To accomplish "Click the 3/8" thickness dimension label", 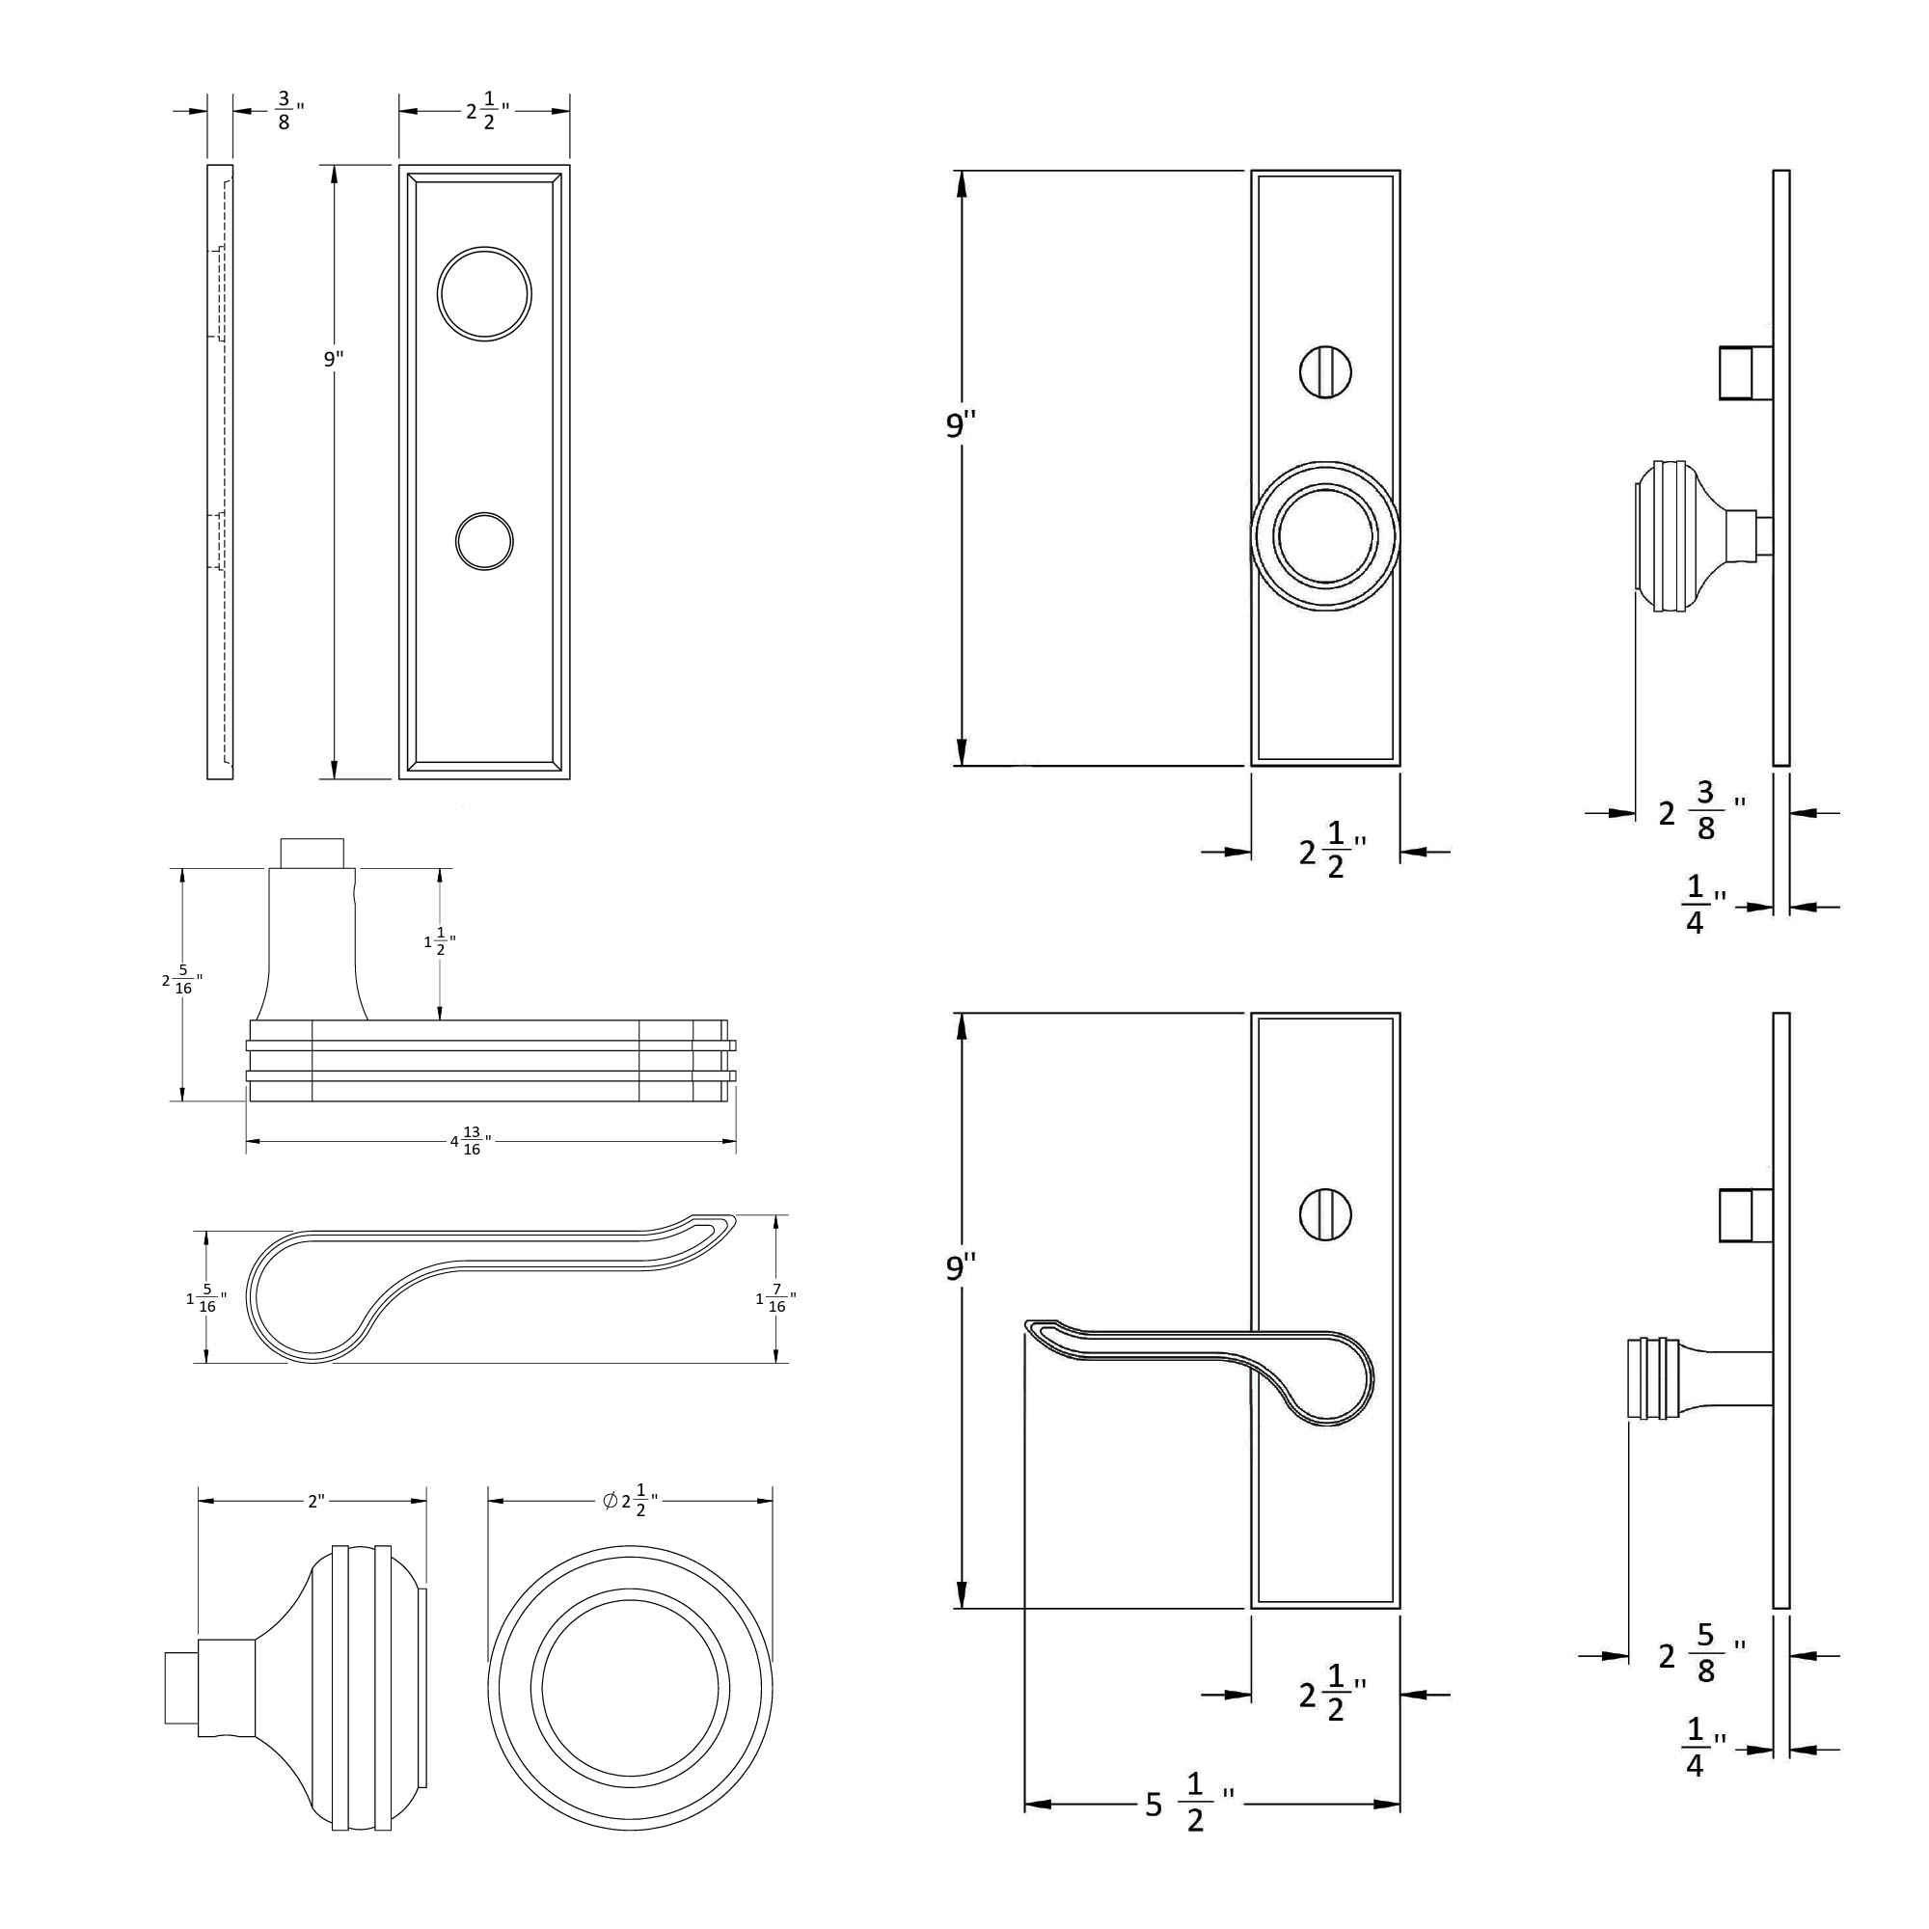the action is click(x=288, y=111).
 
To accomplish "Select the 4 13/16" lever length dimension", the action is click(x=472, y=1140).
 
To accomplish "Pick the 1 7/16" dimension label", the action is click(x=775, y=1299).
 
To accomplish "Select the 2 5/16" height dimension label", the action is click(x=181, y=981).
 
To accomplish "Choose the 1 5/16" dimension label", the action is click(x=206, y=1299).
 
